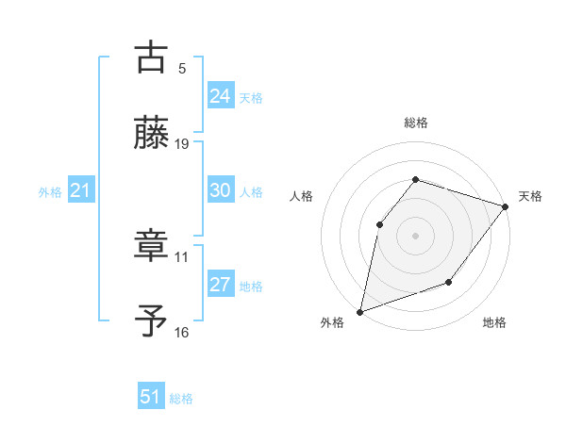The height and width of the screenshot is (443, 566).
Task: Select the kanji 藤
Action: click(x=152, y=133)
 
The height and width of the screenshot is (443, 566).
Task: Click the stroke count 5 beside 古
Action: click(x=182, y=68)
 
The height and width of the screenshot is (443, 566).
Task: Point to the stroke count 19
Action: click(x=182, y=144)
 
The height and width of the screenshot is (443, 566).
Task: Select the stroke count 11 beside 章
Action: click(x=182, y=256)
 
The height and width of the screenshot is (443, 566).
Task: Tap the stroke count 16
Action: click(x=182, y=332)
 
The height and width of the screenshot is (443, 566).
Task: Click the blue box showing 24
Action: click(x=221, y=96)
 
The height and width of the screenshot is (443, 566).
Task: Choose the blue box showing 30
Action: click(x=221, y=190)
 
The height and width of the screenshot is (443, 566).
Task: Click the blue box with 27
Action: click(x=221, y=285)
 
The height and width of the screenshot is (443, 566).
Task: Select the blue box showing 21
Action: click(x=80, y=191)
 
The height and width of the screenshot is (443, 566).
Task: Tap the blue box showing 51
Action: click(x=151, y=397)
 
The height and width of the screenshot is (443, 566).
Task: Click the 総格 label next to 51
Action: click(x=181, y=399)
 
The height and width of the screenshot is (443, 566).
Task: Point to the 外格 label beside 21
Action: click(x=50, y=192)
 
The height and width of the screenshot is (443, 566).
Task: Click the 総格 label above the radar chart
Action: click(x=415, y=123)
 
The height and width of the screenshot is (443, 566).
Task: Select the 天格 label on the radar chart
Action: click(x=530, y=196)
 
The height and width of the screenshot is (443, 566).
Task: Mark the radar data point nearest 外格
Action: click(x=359, y=311)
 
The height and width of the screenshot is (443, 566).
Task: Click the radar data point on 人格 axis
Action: click(x=379, y=224)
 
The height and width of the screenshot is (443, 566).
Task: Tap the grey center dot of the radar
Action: click(x=415, y=235)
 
